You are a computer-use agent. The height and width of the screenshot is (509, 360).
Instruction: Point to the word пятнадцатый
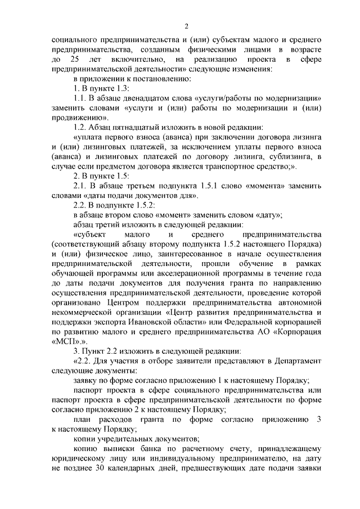tap(134, 128)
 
